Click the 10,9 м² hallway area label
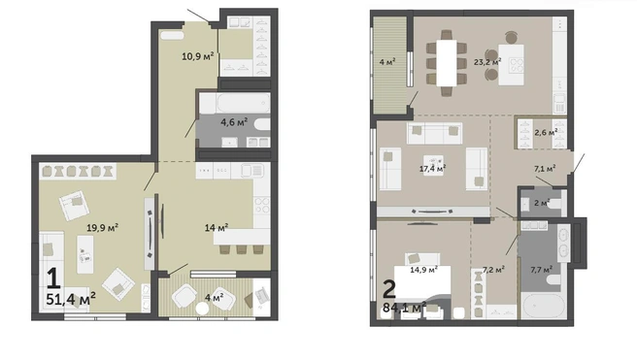197,56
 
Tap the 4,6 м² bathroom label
234,121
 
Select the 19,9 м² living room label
102,228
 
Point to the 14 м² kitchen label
217,228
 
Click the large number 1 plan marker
53,278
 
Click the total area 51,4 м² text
71,299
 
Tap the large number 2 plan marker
389,289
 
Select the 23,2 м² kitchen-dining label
487,62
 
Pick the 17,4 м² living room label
433,168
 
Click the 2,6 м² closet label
546,132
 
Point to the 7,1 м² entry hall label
545,168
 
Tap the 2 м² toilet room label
542,203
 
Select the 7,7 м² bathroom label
542,269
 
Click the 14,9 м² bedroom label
423,269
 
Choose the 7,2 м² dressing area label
493,269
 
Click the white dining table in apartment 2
447,62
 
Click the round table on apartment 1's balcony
202,309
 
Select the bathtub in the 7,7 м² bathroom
544,306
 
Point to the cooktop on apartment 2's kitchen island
518,65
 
